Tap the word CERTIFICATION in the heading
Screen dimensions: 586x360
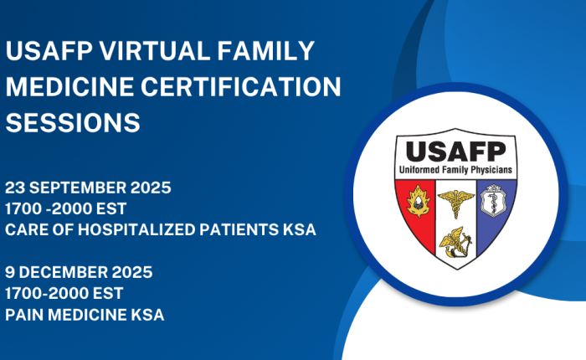[241, 87]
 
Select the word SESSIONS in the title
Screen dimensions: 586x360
[73, 122]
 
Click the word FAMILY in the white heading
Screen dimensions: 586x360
[266, 51]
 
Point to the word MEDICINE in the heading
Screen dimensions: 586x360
[69, 87]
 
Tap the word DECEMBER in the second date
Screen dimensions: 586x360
[63, 272]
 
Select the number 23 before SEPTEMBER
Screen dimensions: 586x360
[15, 188]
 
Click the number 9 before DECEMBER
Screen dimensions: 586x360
[10, 272]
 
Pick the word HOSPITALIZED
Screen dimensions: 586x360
[136, 229]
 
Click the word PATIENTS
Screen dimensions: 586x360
[239, 229]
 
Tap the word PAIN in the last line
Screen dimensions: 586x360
[24, 315]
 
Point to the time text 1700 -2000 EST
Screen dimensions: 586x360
[66, 208]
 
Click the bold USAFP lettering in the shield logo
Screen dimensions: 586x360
[456, 152]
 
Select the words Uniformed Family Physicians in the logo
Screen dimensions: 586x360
[455, 170]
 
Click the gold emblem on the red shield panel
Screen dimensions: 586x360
[419, 202]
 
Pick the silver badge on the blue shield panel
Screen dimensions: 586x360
[493, 200]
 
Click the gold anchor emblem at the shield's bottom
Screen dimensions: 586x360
[455, 242]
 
